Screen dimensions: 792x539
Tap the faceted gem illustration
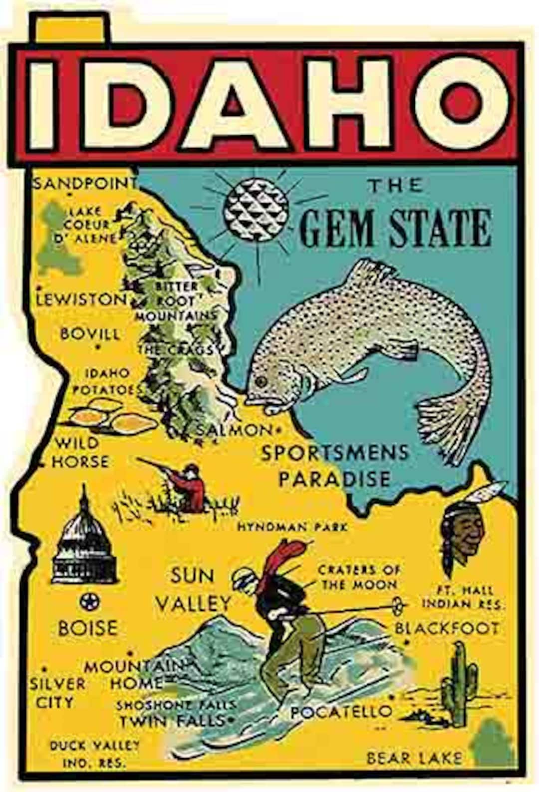point(256,208)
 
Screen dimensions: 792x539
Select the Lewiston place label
point(81,299)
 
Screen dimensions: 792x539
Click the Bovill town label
point(90,333)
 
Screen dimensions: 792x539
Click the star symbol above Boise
point(90,601)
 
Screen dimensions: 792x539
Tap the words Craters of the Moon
point(358,577)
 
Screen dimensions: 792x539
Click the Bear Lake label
point(414,758)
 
